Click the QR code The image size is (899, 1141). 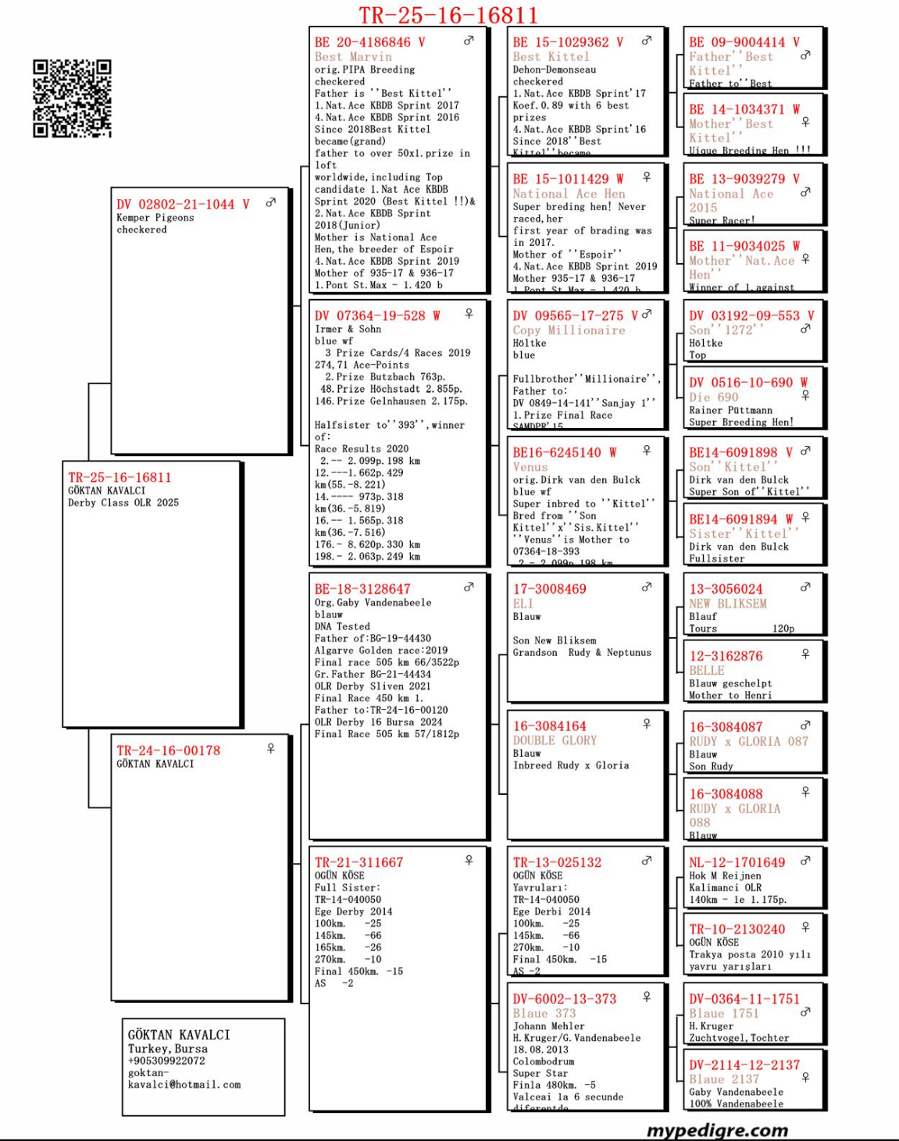tap(72, 98)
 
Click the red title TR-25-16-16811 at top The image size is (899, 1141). tap(448, 16)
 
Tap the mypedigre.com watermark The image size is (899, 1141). tap(717, 1130)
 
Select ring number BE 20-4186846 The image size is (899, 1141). tap(363, 42)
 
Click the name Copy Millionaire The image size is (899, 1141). tap(569, 330)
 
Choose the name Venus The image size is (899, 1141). tap(530, 467)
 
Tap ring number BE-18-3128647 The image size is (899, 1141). tap(362, 589)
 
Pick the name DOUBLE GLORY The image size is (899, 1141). tap(555, 740)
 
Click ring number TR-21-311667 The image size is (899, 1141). tap(359, 862)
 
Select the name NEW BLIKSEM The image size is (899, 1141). tap(727, 604)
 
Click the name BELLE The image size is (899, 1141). tap(707, 670)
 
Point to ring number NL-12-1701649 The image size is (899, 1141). tap(737, 862)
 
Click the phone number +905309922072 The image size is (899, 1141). tap(166, 1061)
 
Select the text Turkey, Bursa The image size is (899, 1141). tap(168, 1049)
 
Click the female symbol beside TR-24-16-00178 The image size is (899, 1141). tap(271, 748)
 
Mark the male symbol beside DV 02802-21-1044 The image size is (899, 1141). tap(271, 202)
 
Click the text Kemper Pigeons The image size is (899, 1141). tap(155, 218)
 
